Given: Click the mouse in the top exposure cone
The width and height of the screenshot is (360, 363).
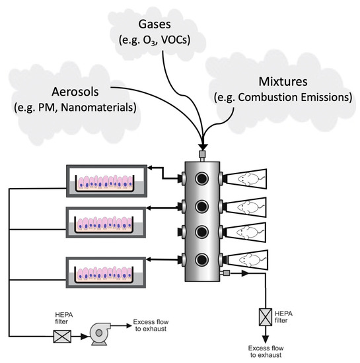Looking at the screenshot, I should point(248,178).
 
